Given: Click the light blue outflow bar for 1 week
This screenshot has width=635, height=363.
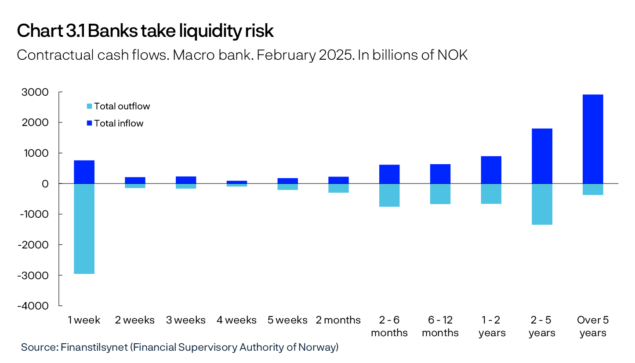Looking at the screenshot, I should pyautogui.click(x=84, y=228).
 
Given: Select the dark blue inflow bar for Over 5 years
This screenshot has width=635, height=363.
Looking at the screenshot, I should pyautogui.click(x=593, y=139).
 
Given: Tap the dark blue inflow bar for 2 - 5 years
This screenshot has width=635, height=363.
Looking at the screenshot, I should pyautogui.click(x=542, y=156).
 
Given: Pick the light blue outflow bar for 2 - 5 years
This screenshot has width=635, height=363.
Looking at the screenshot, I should pyautogui.click(x=542, y=204).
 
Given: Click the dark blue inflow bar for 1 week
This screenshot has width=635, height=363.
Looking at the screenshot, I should pyautogui.click(x=84, y=172).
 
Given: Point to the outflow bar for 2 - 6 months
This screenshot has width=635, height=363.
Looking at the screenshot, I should pyautogui.click(x=389, y=195).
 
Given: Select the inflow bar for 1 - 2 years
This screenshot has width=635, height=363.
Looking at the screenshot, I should pyautogui.click(x=491, y=170).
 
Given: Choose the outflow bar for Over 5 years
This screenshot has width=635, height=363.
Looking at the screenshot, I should pyautogui.click(x=593, y=189).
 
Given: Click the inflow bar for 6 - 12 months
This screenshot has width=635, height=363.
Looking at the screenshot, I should pyautogui.click(x=440, y=174).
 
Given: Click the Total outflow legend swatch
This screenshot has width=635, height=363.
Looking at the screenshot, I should pyautogui.click(x=90, y=106).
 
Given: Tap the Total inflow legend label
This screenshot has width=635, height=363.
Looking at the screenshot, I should pyautogui.click(x=119, y=123).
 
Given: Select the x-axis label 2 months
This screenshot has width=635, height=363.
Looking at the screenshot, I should pyautogui.click(x=338, y=320).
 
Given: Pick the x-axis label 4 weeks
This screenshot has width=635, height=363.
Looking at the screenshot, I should pyautogui.click(x=236, y=320).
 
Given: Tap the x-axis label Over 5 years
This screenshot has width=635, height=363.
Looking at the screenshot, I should pyautogui.click(x=593, y=326).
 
